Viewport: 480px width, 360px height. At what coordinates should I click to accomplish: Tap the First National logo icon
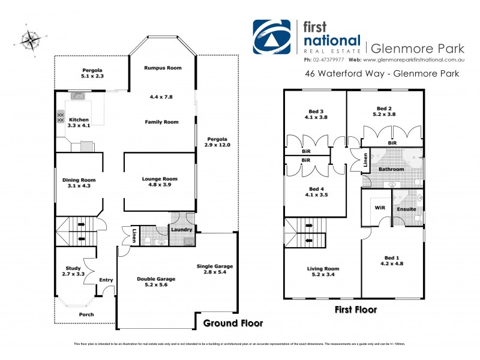click(272, 38)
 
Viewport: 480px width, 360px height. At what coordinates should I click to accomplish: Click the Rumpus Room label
click(163, 68)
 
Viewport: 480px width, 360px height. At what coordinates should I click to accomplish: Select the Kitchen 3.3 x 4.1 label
click(79, 123)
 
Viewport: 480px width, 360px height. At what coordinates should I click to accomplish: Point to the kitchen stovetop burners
click(61, 117)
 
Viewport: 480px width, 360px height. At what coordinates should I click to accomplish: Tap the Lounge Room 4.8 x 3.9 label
click(160, 182)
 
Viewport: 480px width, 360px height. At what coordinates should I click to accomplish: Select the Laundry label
click(181, 230)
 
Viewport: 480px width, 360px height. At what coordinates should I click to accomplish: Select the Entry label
click(106, 280)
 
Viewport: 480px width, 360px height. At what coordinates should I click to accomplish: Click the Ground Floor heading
click(233, 323)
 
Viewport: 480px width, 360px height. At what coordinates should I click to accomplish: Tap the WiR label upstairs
click(379, 208)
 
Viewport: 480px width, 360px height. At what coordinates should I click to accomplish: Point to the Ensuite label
click(406, 209)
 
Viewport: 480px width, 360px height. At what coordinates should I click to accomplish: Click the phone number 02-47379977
click(323, 60)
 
